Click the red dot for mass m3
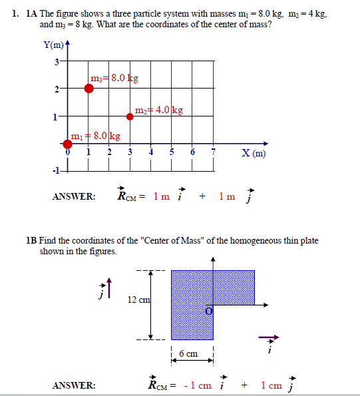coord(89,89)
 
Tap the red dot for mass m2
coord(130,116)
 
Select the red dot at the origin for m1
coord(68,143)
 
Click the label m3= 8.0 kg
coord(114,79)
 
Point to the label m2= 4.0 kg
coord(159,110)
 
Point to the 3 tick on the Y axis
coord(57,61)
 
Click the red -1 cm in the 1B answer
coord(195,385)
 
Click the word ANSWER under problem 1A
coord(73,196)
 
